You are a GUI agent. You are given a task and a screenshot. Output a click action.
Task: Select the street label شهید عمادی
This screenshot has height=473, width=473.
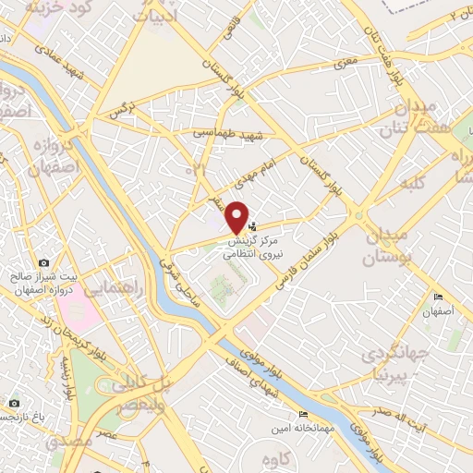click(68, 55)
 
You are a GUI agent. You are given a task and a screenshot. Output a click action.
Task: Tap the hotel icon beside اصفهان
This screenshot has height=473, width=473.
click(438, 297)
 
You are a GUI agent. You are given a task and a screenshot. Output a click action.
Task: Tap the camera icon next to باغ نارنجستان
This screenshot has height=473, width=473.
click(13, 404)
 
